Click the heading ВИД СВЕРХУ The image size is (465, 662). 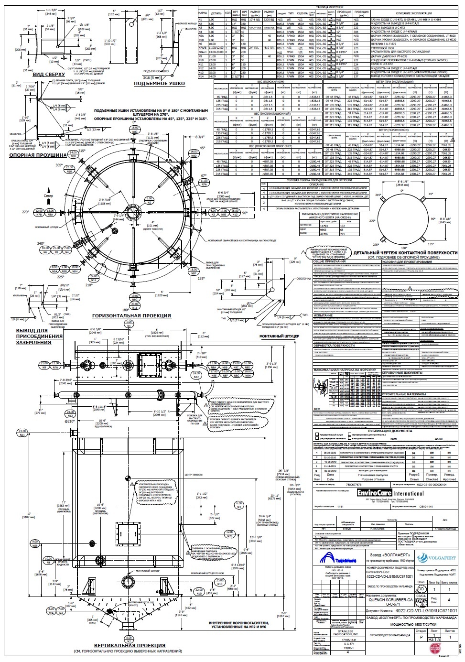pyautogui.click(x=46, y=75)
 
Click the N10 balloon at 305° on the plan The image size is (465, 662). pyautogui.click(x=70, y=170)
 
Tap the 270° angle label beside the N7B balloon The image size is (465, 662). pyautogui.click(x=25, y=211)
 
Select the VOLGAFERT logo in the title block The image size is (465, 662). pyautogui.click(x=438, y=558)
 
